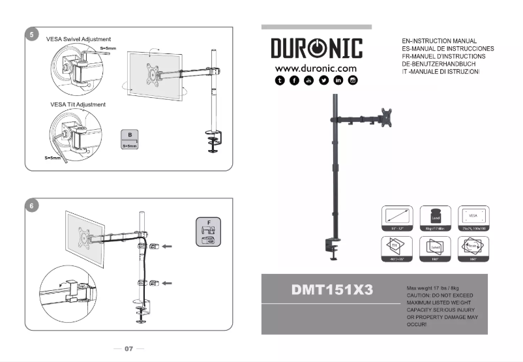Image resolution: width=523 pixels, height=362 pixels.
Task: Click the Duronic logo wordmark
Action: click(x=316, y=49)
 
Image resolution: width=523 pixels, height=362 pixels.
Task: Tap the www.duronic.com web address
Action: click(x=316, y=68)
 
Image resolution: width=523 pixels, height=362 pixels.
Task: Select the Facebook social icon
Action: click(x=294, y=80)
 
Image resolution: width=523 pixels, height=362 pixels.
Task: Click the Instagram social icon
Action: click(x=353, y=80)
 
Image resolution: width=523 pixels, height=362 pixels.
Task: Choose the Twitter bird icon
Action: click(x=323, y=80)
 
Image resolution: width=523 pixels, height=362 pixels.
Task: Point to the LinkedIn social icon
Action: click(x=338, y=80)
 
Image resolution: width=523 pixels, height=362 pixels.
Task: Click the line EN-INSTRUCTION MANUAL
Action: click(x=440, y=41)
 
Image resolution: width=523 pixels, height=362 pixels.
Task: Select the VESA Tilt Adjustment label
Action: click(x=78, y=104)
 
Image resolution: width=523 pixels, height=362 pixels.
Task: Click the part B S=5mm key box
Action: click(x=130, y=140)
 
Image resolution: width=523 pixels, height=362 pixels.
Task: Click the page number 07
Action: click(x=128, y=349)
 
